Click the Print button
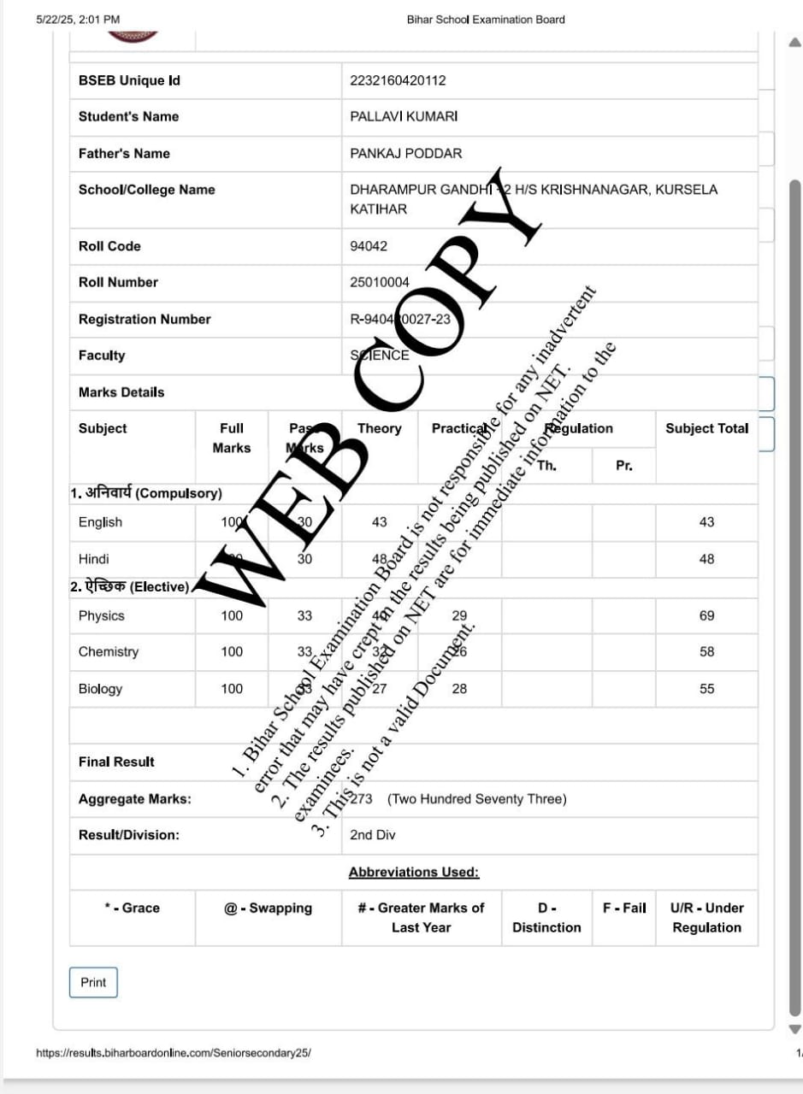(93, 982)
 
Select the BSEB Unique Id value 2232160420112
(398, 80)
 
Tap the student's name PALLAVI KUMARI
(404, 116)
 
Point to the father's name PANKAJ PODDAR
(405, 154)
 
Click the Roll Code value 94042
(369, 246)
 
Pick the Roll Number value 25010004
(380, 282)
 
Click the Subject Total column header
(706, 428)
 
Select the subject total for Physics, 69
(706, 615)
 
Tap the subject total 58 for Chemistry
(706, 651)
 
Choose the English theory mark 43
(379, 521)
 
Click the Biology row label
(100, 689)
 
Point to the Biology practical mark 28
(459, 689)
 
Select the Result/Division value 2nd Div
(373, 835)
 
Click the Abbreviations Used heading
(414, 872)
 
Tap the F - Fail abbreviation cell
(624, 908)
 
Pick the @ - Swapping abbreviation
(268, 908)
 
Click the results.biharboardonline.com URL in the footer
(174, 1053)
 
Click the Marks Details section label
(121, 392)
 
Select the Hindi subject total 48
(706, 559)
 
